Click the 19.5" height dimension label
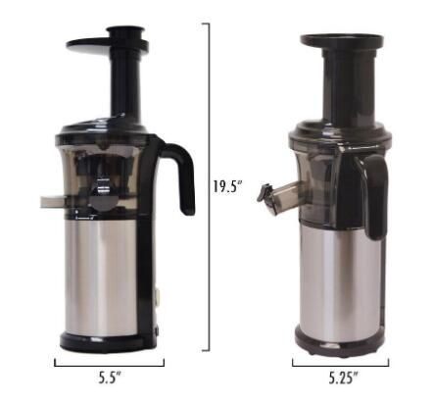227,186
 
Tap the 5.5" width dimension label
110,378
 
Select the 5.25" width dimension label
343,378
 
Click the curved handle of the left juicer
183,174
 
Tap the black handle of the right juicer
377,196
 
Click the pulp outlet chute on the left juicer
53,202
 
